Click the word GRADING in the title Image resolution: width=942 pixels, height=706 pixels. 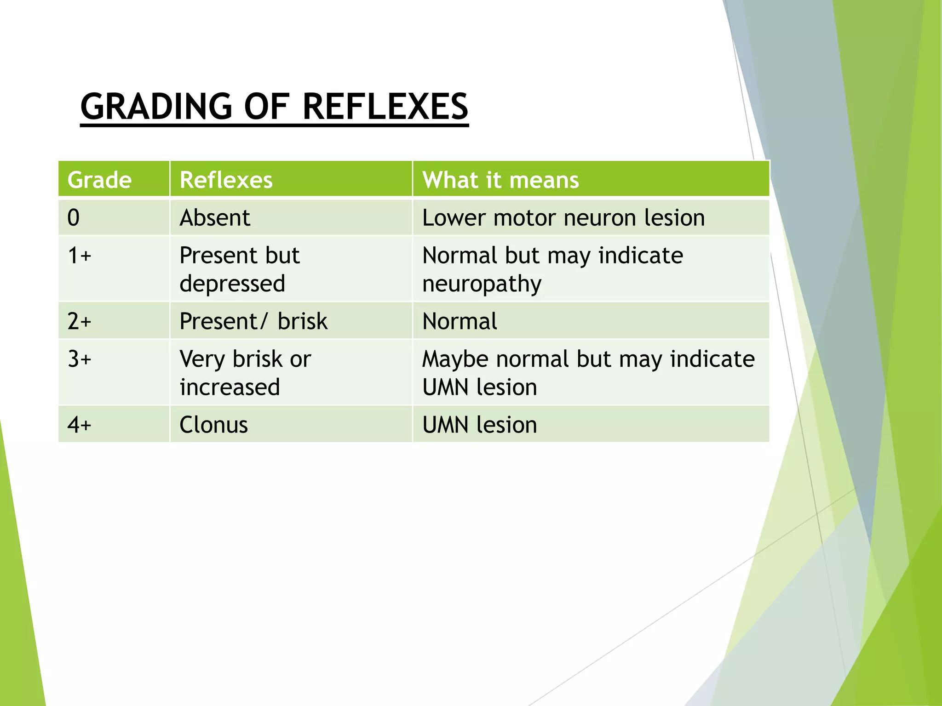156,107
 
